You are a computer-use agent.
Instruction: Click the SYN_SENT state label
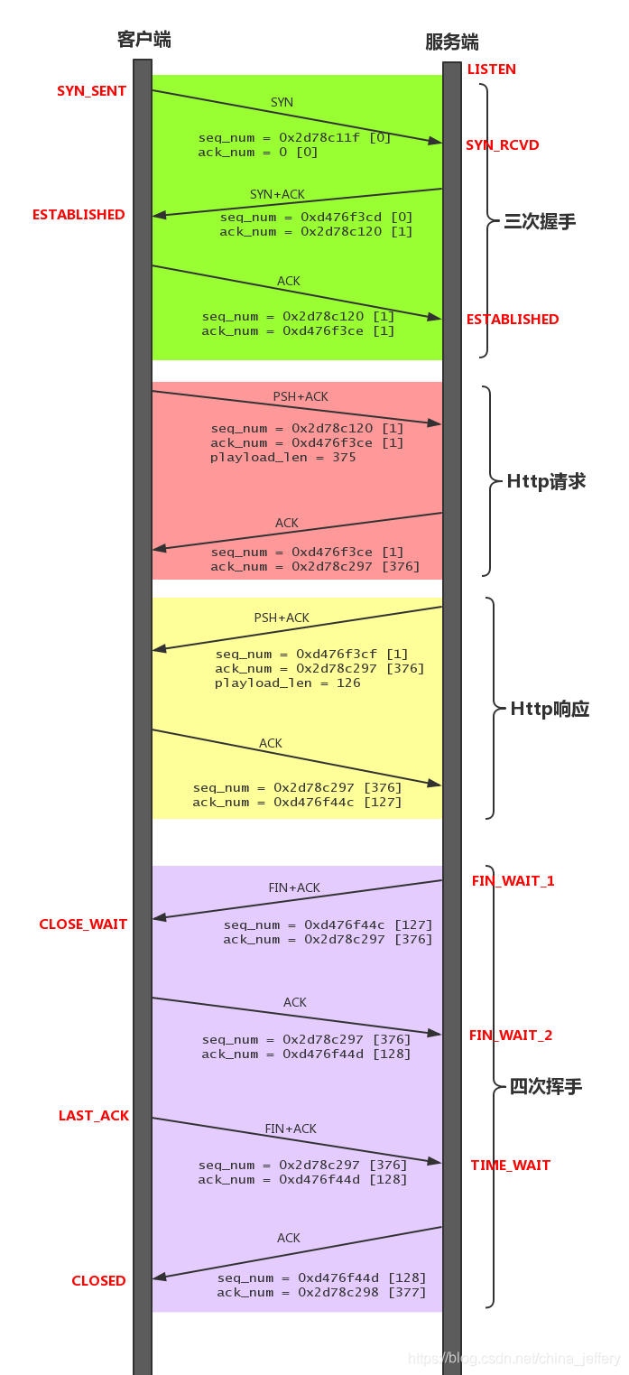tap(91, 91)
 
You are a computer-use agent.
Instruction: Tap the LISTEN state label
tap(492, 70)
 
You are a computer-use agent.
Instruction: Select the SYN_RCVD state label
tap(503, 145)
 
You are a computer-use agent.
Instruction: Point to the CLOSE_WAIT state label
tap(83, 924)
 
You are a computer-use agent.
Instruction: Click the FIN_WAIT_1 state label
tap(513, 880)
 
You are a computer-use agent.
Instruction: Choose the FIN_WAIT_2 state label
tap(511, 1036)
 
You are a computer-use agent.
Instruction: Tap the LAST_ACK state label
tap(94, 1116)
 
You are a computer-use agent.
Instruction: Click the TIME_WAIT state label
tap(511, 1166)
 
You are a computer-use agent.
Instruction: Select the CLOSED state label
tap(99, 1281)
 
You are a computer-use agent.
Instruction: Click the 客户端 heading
tap(144, 39)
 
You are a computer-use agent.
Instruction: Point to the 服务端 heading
tap(452, 42)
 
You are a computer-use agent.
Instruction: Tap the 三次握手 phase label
tap(540, 222)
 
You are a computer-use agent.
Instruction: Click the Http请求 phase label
tap(547, 481)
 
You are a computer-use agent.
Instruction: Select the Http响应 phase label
tap(550, 709)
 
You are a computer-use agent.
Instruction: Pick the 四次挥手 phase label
tap(546, 1087)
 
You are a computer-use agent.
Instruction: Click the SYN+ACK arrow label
tap(278, 195)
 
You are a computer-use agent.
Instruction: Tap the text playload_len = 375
tap(283, 458)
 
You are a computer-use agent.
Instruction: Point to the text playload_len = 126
tap(288, 683)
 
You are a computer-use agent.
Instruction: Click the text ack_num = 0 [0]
tap(258, 153)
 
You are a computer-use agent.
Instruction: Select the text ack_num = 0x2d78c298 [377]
tap(321, 1293)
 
